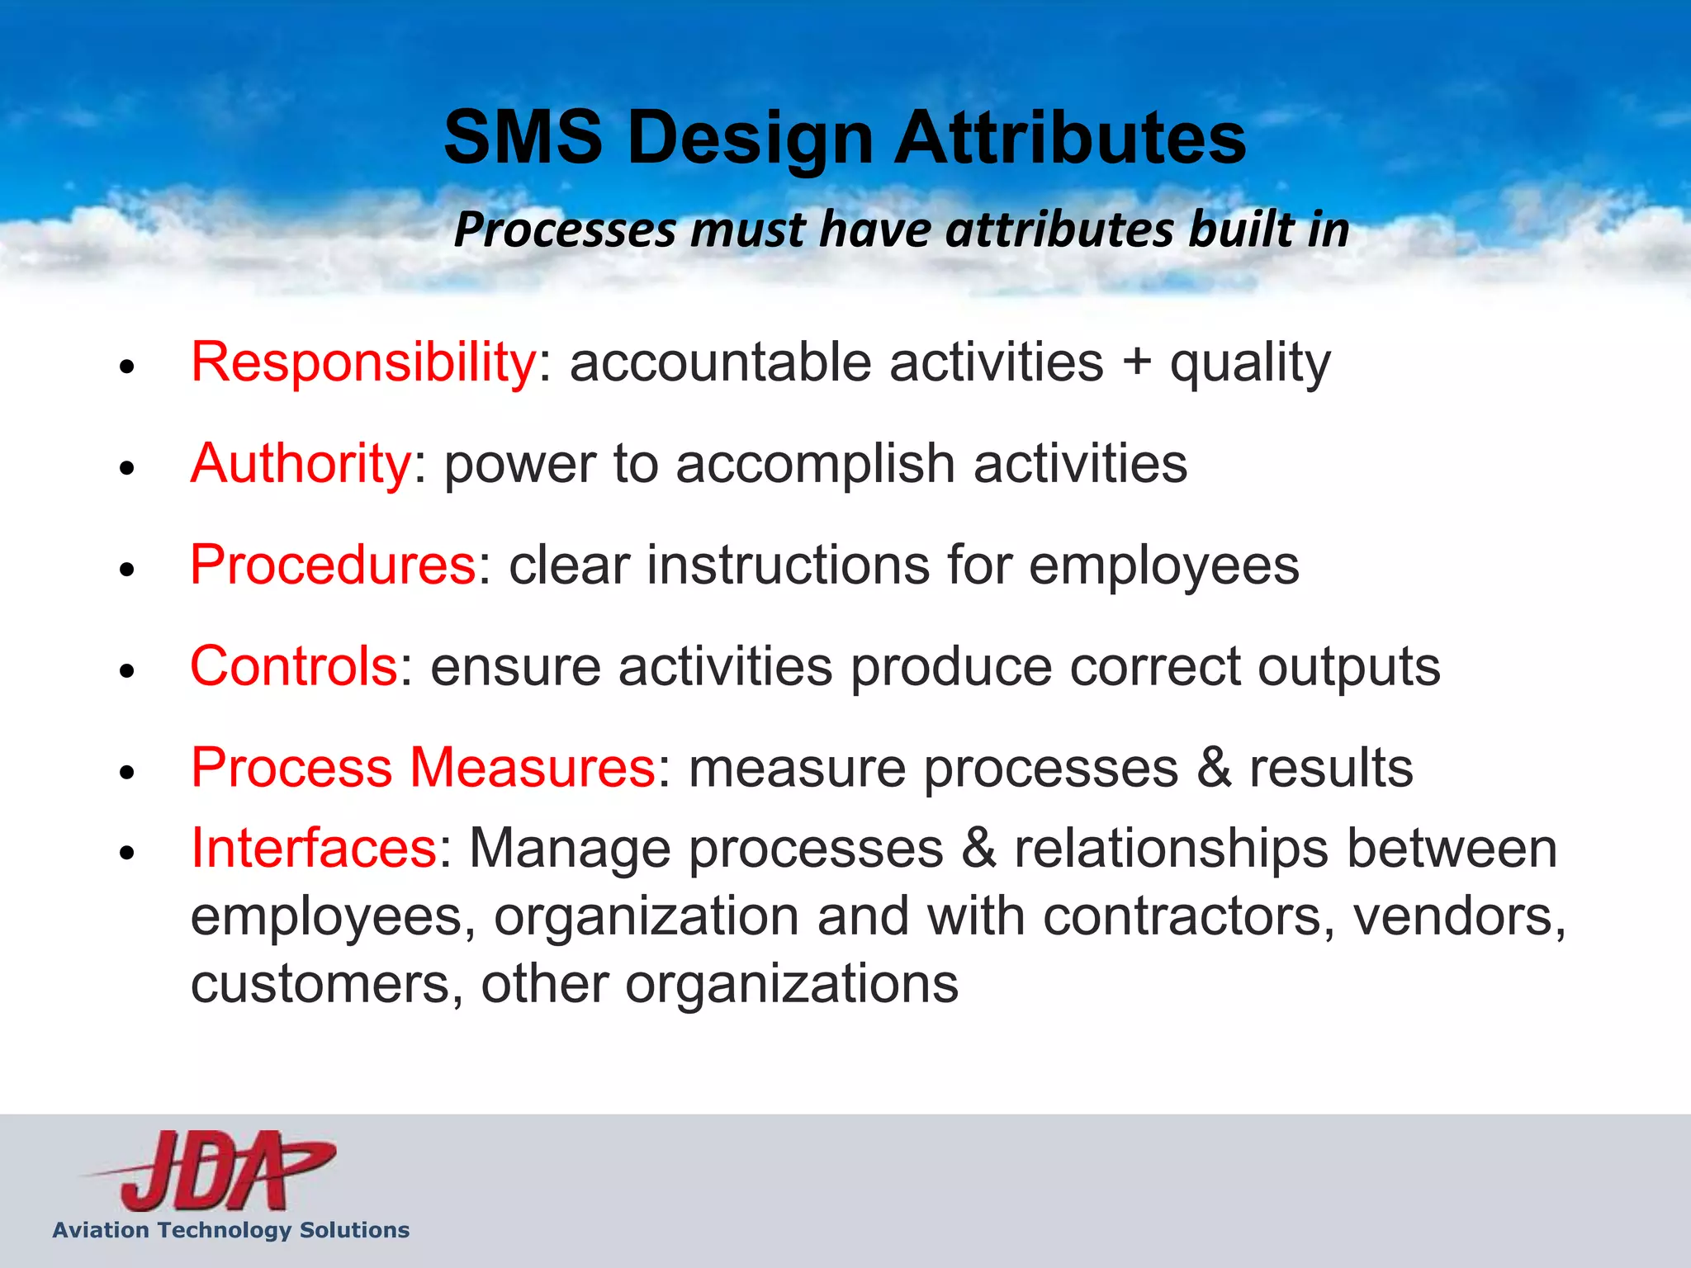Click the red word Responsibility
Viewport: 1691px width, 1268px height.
pos(363,363)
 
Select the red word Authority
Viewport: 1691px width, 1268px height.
pos(301,464)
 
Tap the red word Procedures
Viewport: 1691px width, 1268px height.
pos(333,565)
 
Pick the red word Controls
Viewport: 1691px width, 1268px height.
pos(294,666)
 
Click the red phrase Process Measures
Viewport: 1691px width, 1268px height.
pos(423,768)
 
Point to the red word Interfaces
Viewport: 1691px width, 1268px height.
pos(314,849)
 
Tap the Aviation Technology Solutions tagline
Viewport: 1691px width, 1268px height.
pos(231,1230)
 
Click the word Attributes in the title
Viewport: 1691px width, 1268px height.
pos(1070,138)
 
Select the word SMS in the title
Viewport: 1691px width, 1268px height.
pos(523,138)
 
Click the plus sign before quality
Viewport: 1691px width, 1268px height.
pos(1137,363)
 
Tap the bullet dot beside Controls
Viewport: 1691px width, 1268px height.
pos(126,670)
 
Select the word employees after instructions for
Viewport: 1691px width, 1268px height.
pos(1163,567)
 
